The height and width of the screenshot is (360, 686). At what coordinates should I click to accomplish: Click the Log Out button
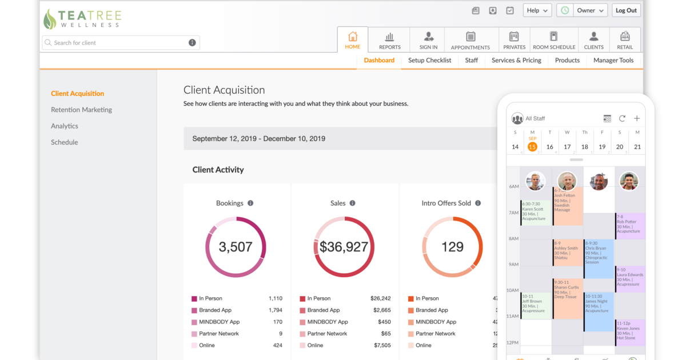pyautogui.click(x=627, y=10)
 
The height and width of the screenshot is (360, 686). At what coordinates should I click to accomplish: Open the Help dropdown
pyautogui.click(x=537, y=10)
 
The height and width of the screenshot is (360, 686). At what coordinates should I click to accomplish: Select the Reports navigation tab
pyautogui.click(x=389, y=40)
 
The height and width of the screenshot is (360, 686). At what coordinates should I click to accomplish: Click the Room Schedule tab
pyautogui.click(x=553, y=40)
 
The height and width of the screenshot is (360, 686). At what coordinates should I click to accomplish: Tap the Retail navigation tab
pyautogui.click(x=625, y=40)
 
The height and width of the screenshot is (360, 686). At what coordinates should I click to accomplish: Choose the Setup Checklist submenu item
pyautogui.click(x=429, y=60)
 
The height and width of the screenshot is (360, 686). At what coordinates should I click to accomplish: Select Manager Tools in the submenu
pyautogui.click(x=613, y=60)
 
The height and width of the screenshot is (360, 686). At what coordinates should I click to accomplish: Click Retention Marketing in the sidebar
pyautogui.click(x=81, y=110)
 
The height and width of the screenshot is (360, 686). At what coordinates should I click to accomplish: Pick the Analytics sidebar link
pyautogui.click(x=65, y=126)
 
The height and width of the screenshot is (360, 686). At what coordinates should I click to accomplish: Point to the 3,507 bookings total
pyautogui.click(x=236, y=247)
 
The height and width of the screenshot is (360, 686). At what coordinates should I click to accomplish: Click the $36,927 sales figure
pyautogui.click(x=344, y=247)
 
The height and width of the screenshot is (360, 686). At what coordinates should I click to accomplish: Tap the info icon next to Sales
pyautogui.click(x=352, y=203)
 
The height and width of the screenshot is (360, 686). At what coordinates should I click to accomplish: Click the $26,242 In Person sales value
pyautogui.click(x=380, y=298)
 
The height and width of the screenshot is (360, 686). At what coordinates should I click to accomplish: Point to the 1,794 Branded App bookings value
pyautogui.click(x=275, y=310)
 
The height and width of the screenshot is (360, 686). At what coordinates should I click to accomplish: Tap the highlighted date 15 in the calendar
pyautogui.click(x=532, y=147)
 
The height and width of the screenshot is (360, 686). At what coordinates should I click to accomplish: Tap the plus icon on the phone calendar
pyautogui.click(x=637, y=118)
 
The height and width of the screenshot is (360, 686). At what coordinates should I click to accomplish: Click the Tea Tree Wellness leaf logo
pyautogui.click(x=50, y=19)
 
